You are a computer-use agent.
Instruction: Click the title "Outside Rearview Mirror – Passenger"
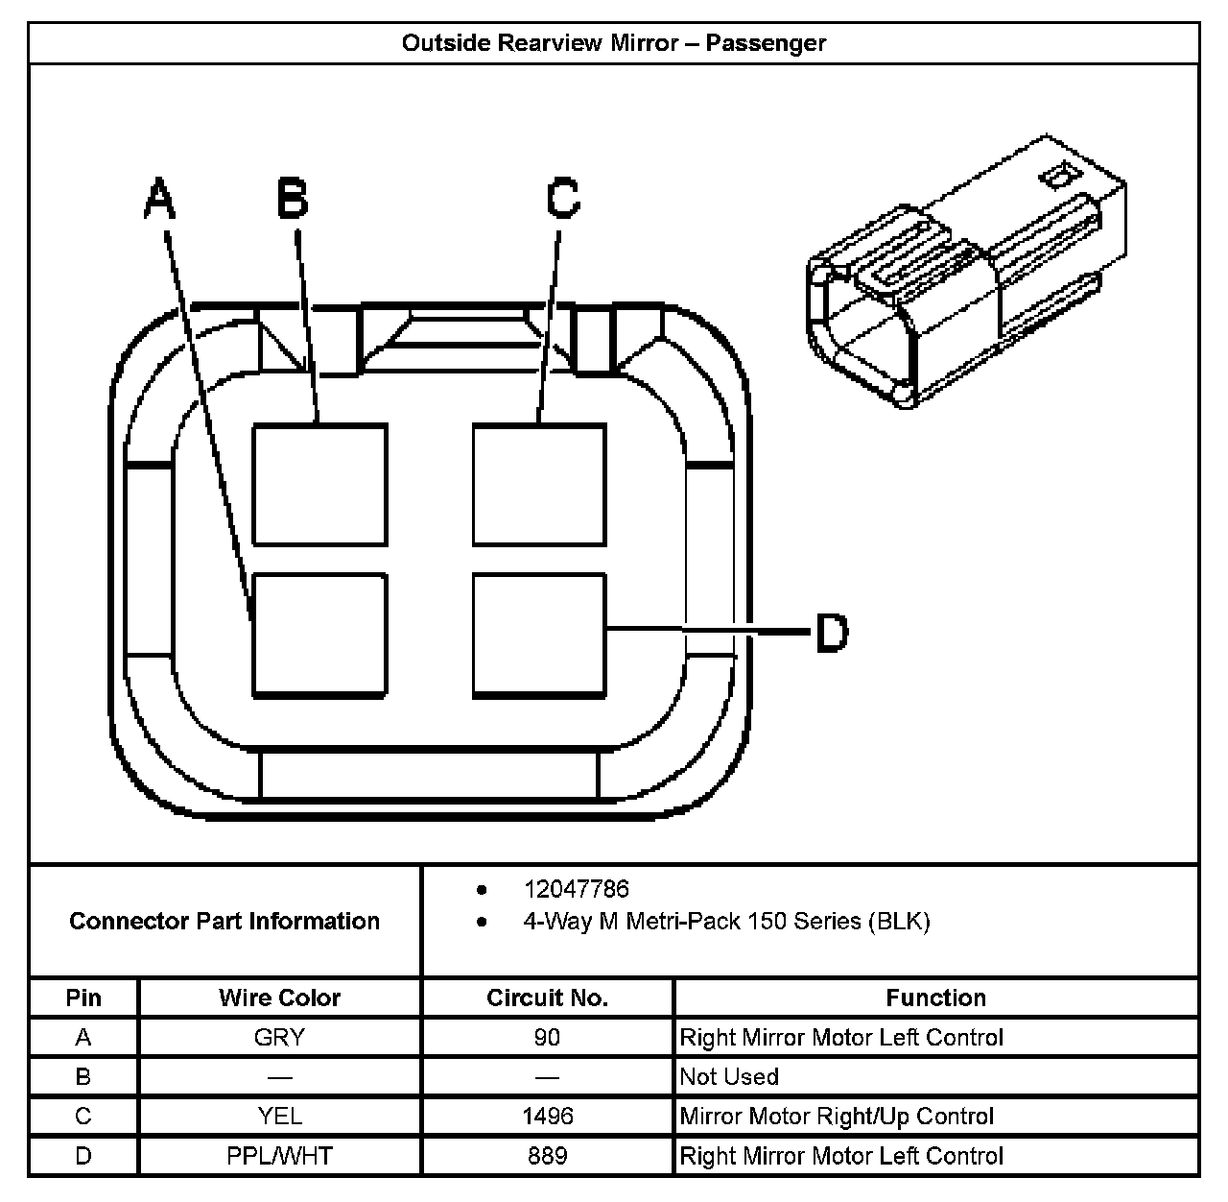[613, 43]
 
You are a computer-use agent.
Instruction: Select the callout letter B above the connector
[293, 199]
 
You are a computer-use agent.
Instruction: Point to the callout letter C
[563, 199]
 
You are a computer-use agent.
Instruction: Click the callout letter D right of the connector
[832, 633]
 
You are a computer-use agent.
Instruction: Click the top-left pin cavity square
[319, 485]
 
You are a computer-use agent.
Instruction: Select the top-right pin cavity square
[539, 485]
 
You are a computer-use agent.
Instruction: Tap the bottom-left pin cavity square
[319, 635]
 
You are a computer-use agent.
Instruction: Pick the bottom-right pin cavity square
[539, 635]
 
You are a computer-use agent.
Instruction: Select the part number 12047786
[576, 890]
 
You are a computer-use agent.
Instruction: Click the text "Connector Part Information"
[224, 922]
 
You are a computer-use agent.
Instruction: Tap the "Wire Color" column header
[279, 998]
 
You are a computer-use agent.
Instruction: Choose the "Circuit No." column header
[547, 998]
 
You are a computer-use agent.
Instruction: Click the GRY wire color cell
[279, 1038]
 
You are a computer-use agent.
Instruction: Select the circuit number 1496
[547, 1117]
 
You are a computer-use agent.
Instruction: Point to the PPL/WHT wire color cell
[279, 1156]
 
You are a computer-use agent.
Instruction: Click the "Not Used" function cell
[729, 1077]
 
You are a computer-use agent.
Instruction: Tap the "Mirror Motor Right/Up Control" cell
[837, 1117]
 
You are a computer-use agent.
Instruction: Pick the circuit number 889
[547, 1156]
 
